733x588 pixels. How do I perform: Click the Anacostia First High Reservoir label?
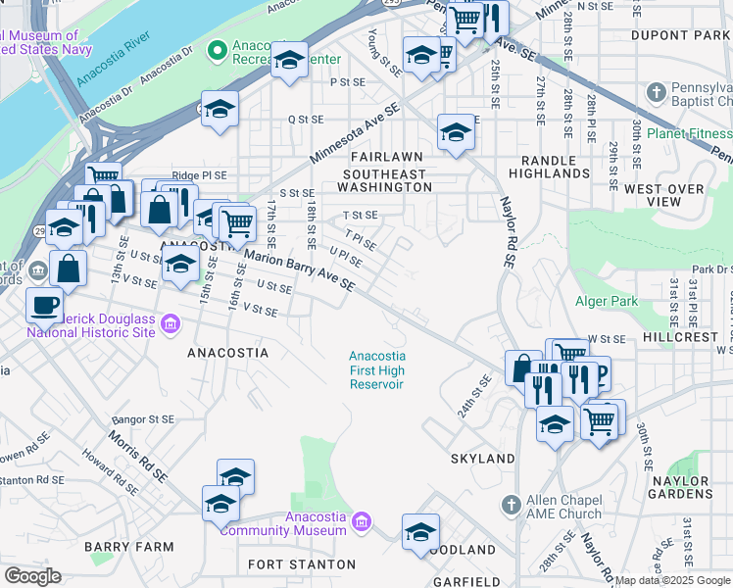point(377,370)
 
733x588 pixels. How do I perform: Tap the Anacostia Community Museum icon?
point(362,519)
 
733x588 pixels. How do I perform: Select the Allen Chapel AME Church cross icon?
point(510,506)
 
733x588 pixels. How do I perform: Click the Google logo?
point(31,576)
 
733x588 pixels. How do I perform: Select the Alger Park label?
point(609,302)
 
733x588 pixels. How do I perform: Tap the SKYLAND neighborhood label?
point(482,459)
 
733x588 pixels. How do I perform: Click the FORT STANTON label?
point(302,564)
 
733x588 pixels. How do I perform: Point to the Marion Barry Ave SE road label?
point(299,271)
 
